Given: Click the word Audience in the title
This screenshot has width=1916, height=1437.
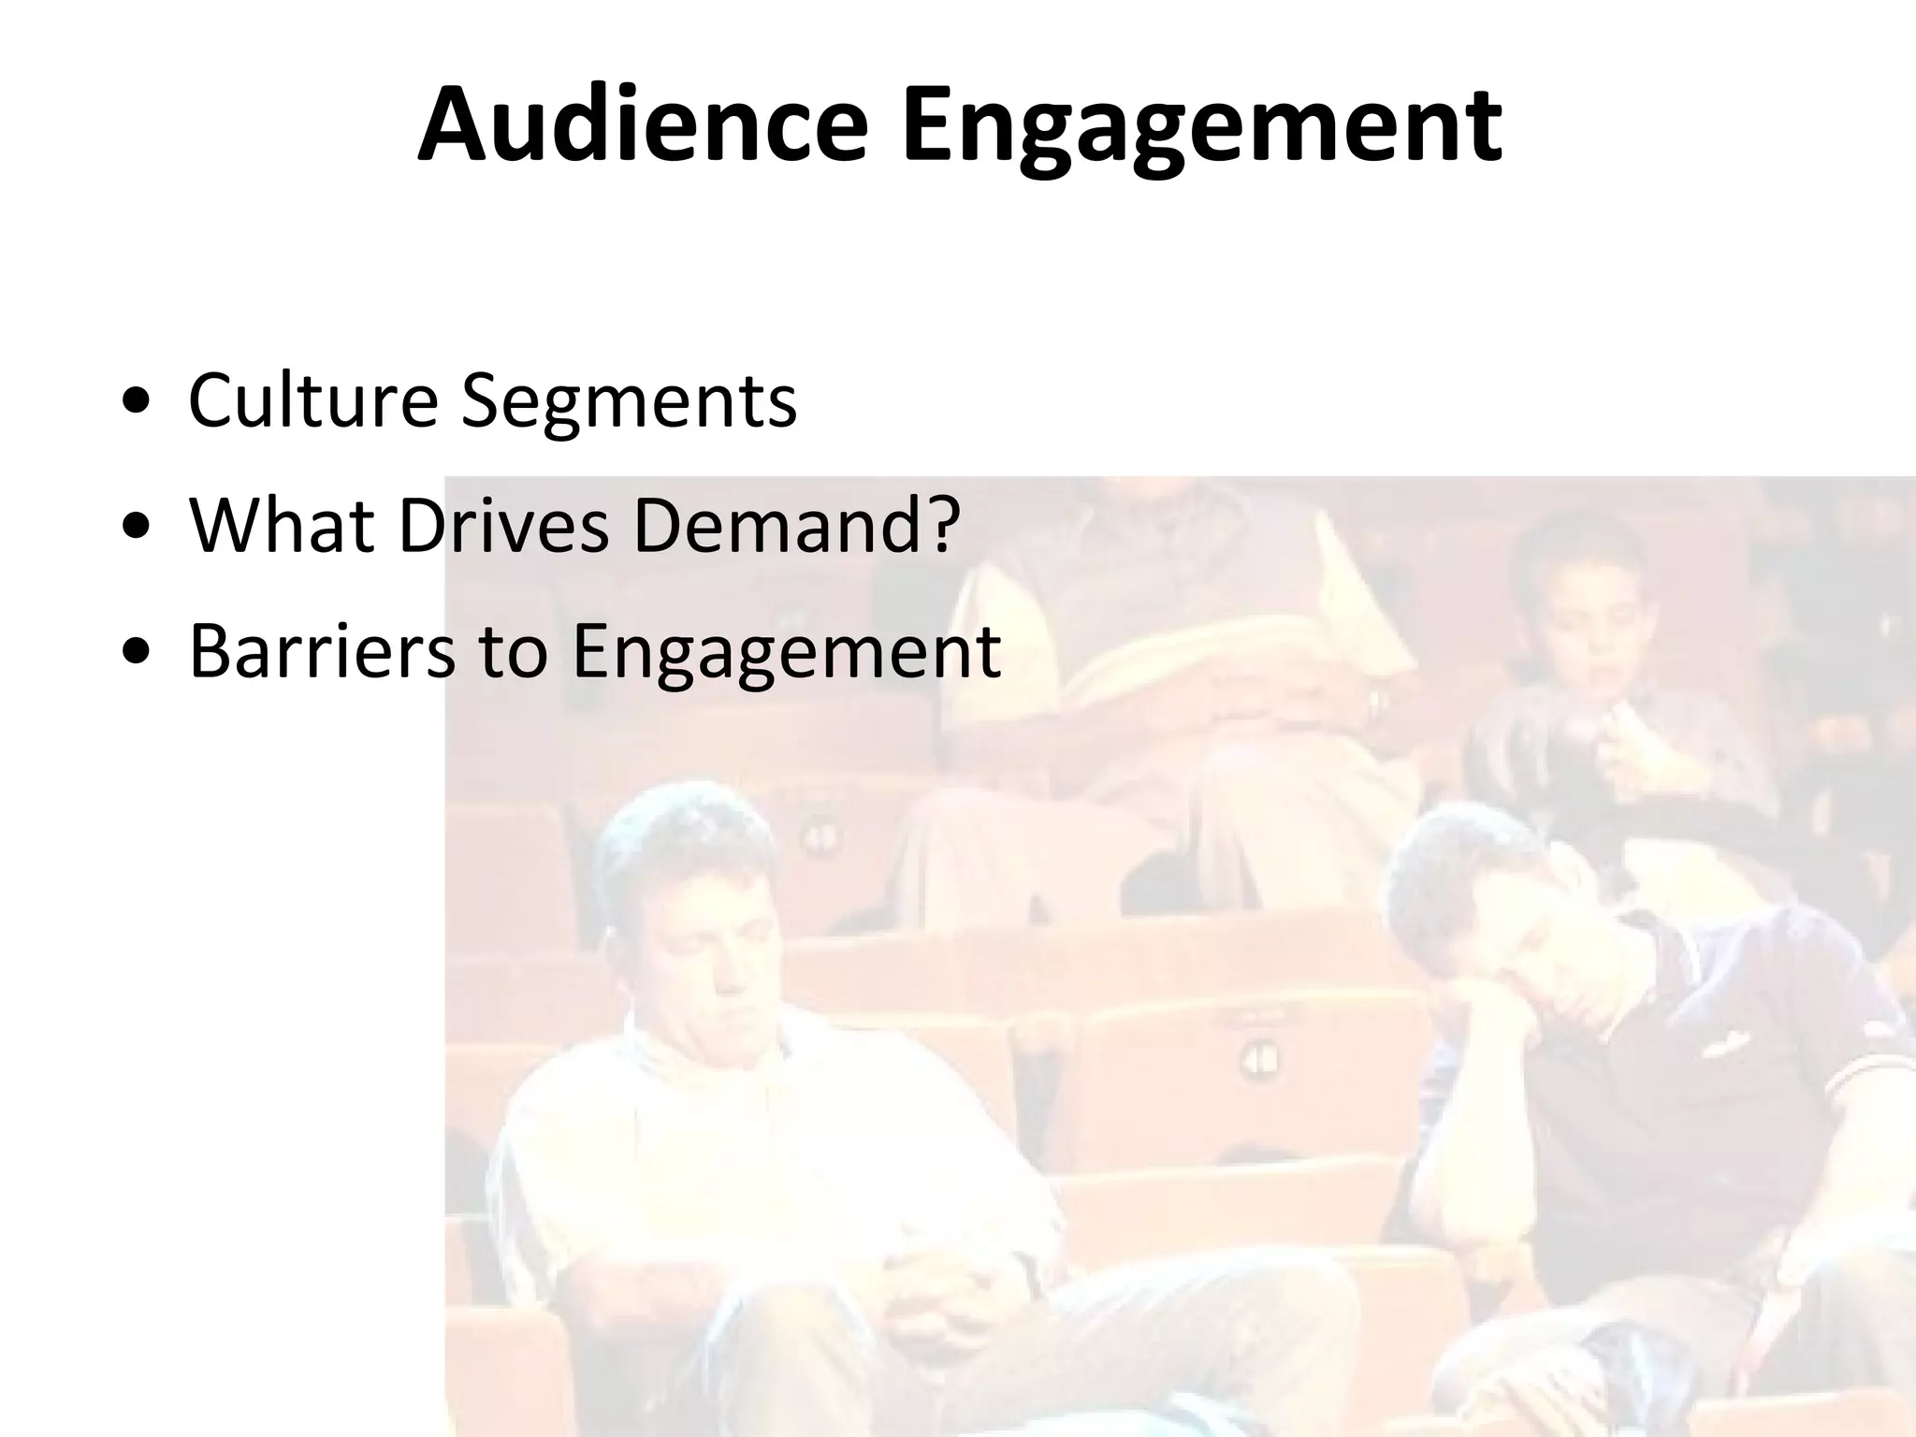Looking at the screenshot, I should coord(643,126).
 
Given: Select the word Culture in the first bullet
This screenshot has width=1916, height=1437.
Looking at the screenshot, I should coord(312,400).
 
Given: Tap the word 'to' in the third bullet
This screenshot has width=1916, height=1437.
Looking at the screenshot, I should coord(513,652).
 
